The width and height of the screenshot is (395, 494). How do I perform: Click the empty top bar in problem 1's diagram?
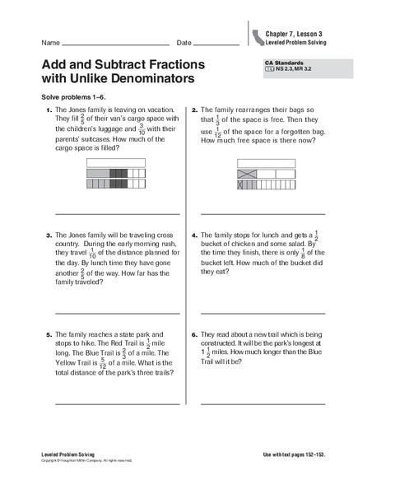[x=115, y=163]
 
